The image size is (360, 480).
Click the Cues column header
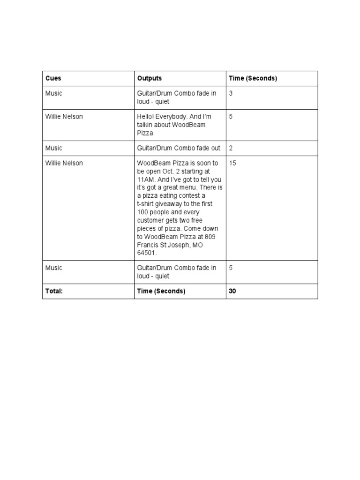(53, 78)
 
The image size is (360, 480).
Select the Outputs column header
(149, 78)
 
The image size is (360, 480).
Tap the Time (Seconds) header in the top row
(253, 78)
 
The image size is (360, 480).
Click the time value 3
(231, 93)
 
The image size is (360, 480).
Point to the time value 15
(232, 163)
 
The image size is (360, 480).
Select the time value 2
(231, 148)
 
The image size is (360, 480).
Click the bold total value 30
(232, 291)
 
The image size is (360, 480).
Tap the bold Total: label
(54, 291)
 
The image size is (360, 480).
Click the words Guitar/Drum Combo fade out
(178, 148)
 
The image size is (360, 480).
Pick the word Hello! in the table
(146, 117)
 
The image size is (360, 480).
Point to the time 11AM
(147, 180)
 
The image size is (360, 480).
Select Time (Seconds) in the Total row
(161, 291)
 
